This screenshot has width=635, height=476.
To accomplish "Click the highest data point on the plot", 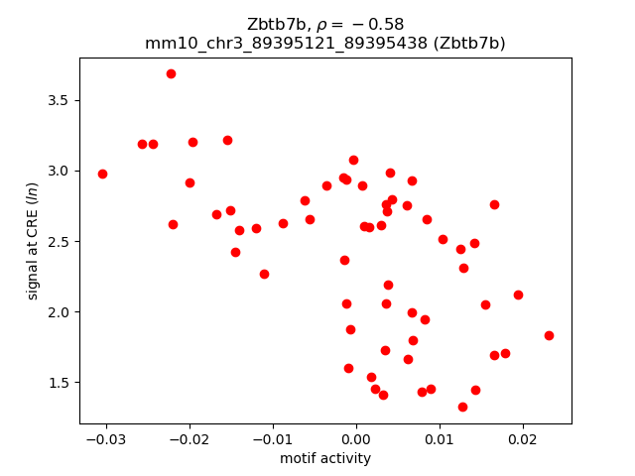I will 171,73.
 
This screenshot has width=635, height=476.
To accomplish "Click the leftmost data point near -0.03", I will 102,174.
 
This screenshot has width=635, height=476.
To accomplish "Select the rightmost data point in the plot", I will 549,335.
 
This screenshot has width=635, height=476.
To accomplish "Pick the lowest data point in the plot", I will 462,407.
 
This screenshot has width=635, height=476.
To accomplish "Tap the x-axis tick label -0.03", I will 102,438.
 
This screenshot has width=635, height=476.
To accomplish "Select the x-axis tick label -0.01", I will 269,438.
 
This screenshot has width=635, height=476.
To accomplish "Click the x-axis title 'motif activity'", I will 325,458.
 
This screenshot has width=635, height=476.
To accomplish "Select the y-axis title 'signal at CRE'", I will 33,241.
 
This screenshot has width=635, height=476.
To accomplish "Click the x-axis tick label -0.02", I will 186,438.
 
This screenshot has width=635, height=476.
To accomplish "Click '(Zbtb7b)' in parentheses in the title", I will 471,43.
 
